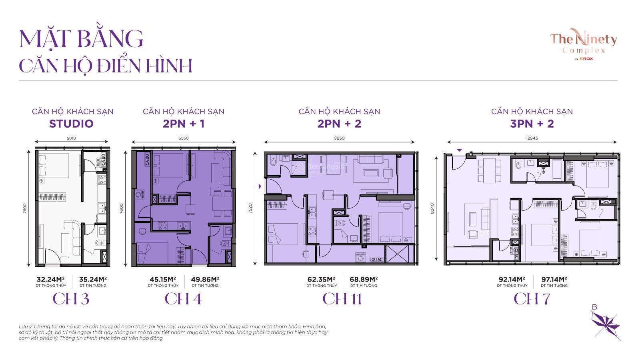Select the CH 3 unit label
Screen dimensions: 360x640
(x=71, y=299)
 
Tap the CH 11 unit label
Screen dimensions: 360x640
(x=342, y=299)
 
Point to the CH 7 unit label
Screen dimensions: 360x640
(x=532, y=299)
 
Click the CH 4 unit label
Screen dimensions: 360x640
(x=183, y=299)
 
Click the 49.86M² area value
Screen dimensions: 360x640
(x=205, y=279)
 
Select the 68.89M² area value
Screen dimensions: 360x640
(x=364, y=279)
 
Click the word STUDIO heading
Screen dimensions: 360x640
(x=71, y=124)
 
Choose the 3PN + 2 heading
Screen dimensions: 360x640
(x=532, y=124)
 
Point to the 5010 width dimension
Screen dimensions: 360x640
(x=71, y=138)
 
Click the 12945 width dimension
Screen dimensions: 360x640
(x=532, y=138)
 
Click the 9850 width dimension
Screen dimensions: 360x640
(x=339, y=138)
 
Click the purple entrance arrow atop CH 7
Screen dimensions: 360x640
(x=460, y=150)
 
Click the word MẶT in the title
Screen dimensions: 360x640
(x=43, y=39)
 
